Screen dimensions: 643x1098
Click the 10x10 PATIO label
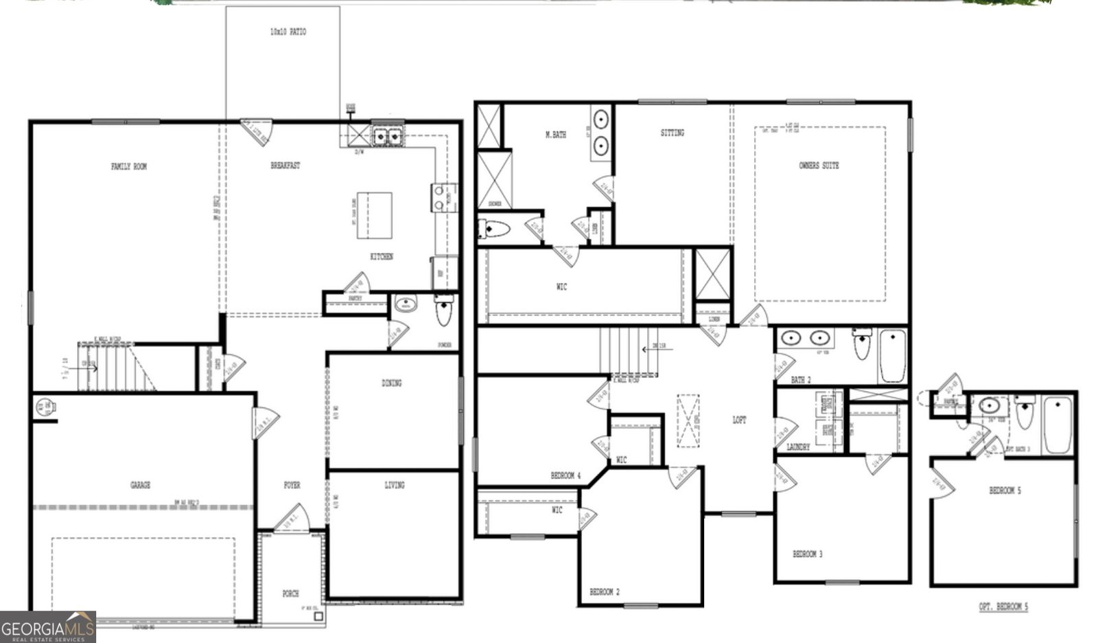pyautogui.click(x=288, y=32)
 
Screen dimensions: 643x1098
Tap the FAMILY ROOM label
pyautogui.click(x=129, y=166)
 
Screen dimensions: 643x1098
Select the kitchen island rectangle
pyautogui.click(x=374, y=215)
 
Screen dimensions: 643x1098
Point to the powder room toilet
pyautogui.click(x=444, y=311)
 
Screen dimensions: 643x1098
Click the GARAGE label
pyautogui.click(x=140, y=485)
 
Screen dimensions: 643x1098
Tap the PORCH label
pyautogui.click(x=291, y=594)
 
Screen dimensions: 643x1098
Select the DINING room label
pyautogui.click(x=392, y=383)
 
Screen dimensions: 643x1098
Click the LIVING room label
pyautogui.click(x=395, y=485)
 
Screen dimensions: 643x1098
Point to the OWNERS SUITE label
pyautogui.click(x=819, y=166)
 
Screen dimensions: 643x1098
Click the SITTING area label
pyautogui.click(x=672, y=133)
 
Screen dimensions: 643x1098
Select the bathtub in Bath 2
pyautogui.click(x=893, y=355)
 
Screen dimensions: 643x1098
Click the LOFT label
pyautogui.click(x=739, y=420)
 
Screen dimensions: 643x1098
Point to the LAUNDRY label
pyautogui.click(x=798, y=447)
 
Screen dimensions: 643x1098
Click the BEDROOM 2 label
pyautogui.click(x=605, y=591)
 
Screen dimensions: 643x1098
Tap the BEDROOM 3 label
pyautogui.click(x=808, y=554)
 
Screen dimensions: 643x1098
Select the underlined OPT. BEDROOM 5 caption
pyautogui.click(x=1003, y=607)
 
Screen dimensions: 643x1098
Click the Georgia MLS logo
pyautogui.click(x=47, y=627)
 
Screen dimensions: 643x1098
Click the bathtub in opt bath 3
pyautogui.click(x=1058, y=425)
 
